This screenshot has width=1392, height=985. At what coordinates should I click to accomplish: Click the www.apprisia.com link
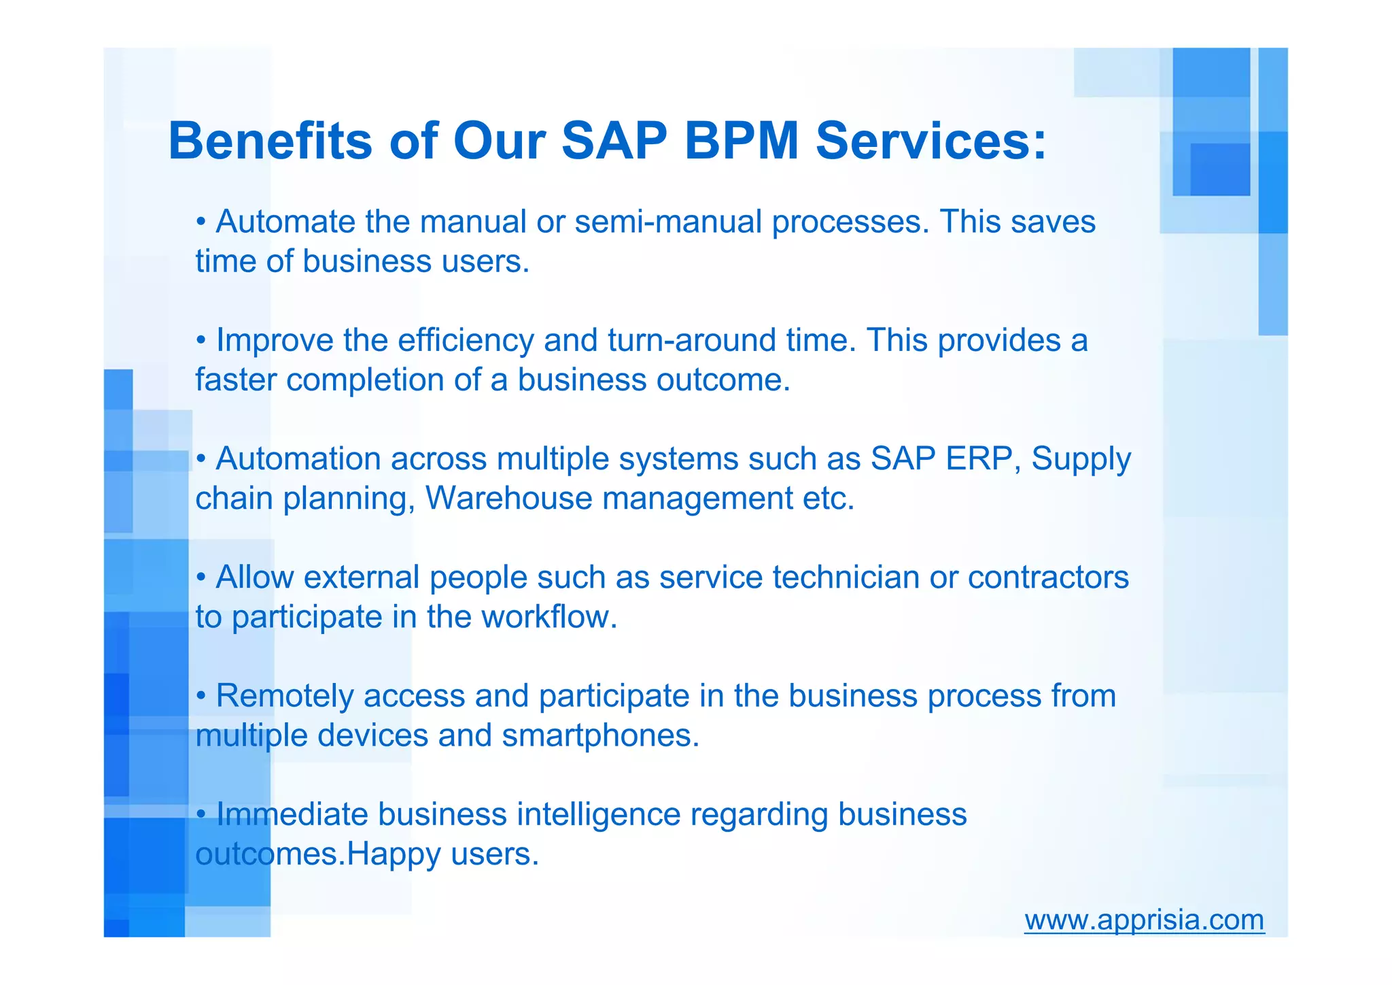[1144, 920]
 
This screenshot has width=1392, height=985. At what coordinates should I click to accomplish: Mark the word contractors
[1048, 577]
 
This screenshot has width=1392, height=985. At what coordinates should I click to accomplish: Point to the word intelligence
[598, 814]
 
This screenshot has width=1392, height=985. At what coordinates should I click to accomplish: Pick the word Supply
[1081, 460]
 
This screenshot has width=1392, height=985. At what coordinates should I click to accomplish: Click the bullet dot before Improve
[201, 340]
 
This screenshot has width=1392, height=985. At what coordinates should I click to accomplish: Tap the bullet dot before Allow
[201, 578]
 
